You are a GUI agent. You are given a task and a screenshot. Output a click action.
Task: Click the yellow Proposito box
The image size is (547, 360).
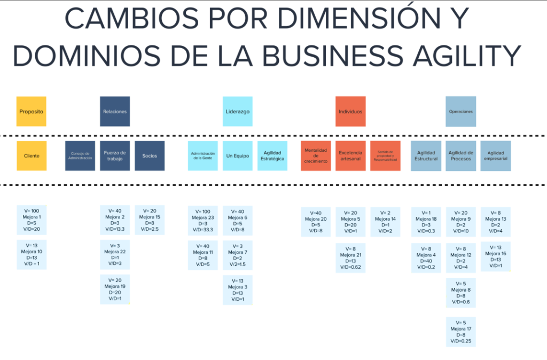[x=31, y=112]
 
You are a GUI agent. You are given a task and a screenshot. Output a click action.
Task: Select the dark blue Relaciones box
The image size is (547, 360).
[x=115, y=112]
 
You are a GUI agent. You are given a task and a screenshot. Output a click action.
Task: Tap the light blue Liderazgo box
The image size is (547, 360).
[x=238, y=112]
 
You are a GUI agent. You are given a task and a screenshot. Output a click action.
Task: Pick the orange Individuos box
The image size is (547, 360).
[x=350, y=112]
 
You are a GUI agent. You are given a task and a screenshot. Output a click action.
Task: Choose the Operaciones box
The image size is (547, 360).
[x=460, y=112]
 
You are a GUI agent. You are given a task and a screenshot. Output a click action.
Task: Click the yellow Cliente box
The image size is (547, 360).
[x=31, y=156]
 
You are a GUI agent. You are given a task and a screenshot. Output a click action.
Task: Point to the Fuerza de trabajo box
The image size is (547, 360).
[x=115, y=156]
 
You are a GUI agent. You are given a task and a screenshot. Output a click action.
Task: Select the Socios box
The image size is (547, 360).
[x=150, y=156]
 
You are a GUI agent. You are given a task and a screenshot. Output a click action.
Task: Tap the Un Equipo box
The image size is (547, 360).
[x=238, y=156]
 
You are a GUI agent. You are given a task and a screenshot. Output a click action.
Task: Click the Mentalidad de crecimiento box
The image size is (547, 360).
[x=316, y=156]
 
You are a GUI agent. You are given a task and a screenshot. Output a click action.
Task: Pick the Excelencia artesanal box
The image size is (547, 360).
[x=350, y=156]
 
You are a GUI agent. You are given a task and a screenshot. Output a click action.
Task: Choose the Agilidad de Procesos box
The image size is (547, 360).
[x=460, y=156]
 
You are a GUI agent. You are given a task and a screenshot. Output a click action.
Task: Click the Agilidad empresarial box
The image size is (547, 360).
[x=496, y=156]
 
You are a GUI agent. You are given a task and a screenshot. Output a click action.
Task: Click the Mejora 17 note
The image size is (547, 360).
[x=461, y=332]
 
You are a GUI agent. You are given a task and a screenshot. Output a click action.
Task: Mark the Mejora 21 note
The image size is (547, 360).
[x=350, y=258]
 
